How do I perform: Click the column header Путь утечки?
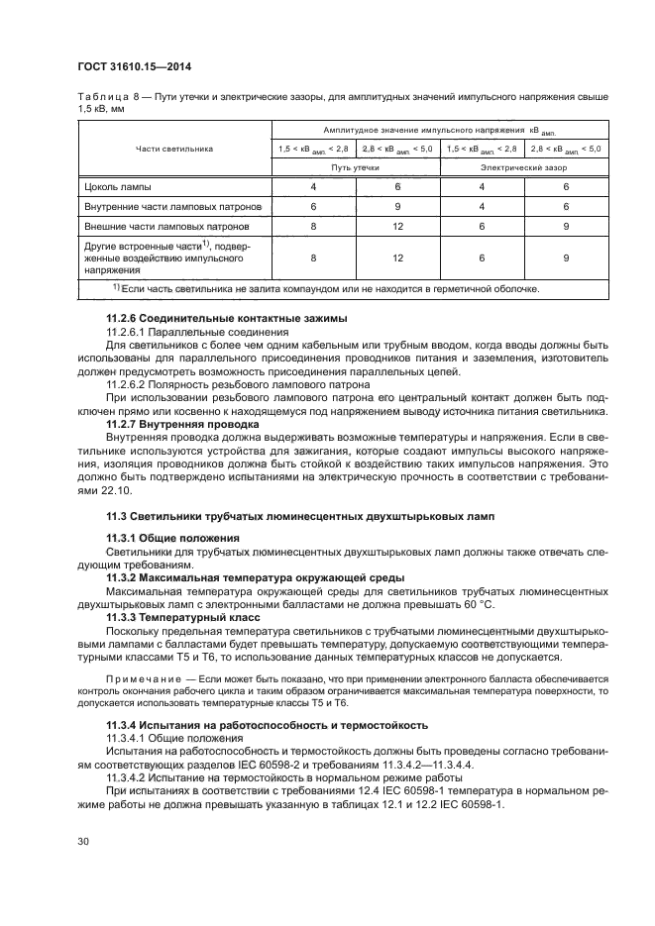click(357, 167)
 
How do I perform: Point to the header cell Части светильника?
click(174, 149)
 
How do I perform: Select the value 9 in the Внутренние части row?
click(397, 206)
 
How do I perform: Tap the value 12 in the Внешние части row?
click(397, 226)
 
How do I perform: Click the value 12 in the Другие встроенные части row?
click(397, 257)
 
